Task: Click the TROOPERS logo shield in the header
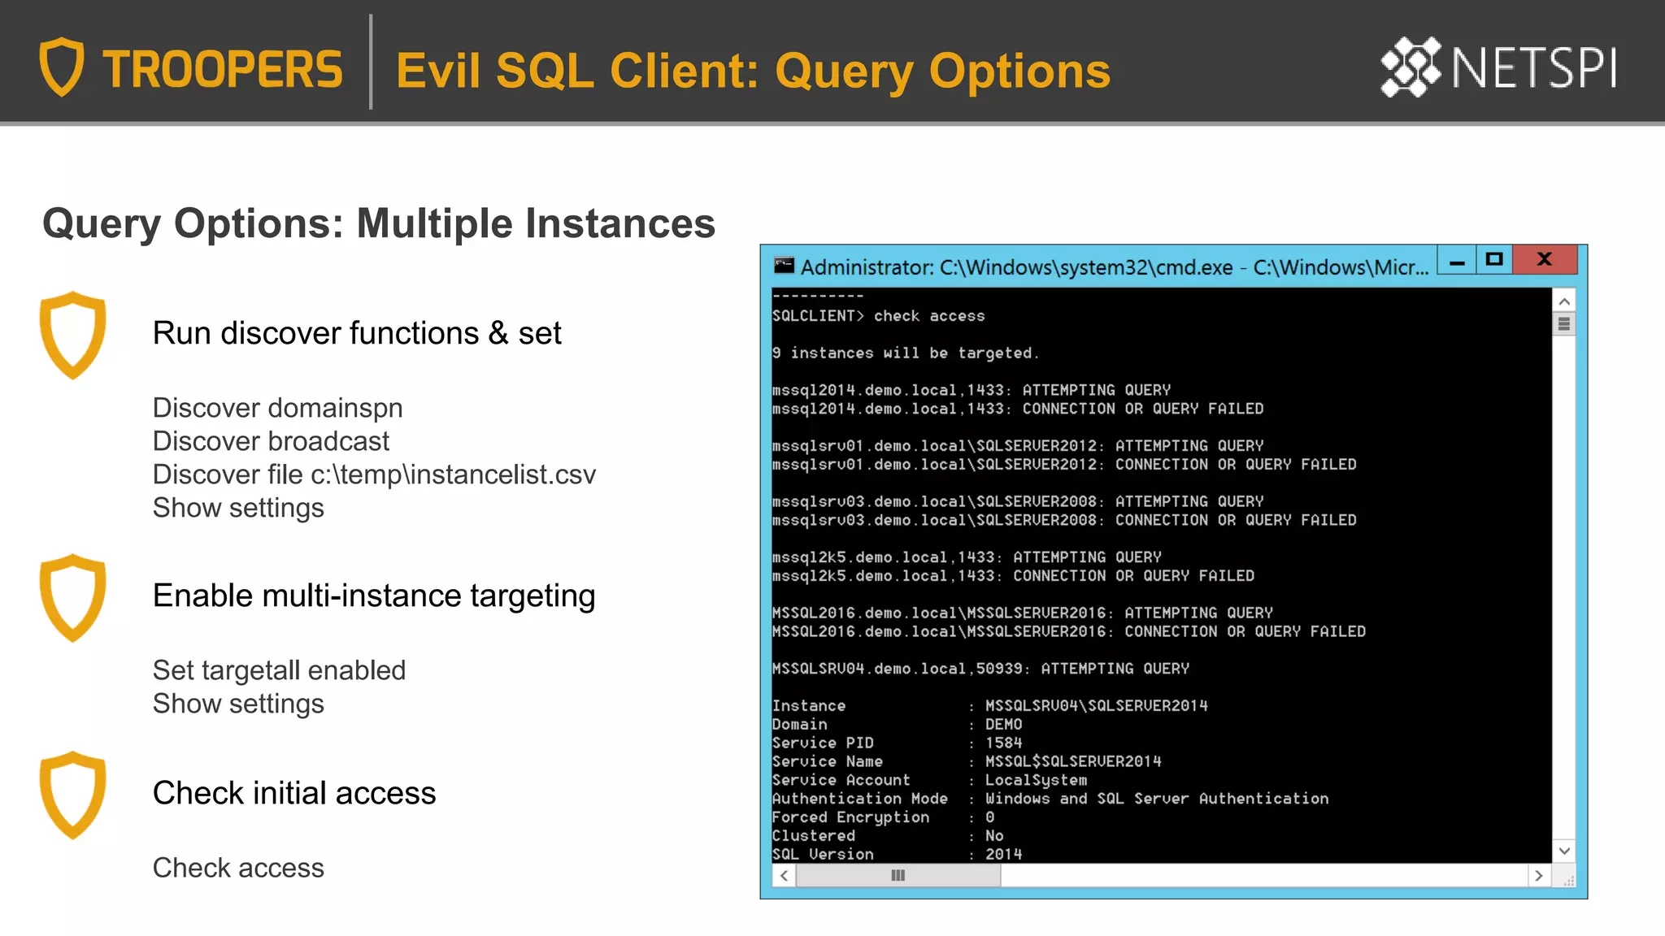click(x=62, y=67)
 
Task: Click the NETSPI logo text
click(x=1533, y=68)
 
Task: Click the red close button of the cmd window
click(x=1545, y=260)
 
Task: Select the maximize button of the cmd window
click(x=1494, y=260)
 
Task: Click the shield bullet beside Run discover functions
click(x=73, y=334)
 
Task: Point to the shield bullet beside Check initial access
click(x=73, y=794)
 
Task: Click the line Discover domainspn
click(x=277, y=408)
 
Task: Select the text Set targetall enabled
click(x=279, y=670)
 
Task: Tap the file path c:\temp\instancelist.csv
click(x=453, y=474)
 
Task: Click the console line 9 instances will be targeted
click(x=905, y=353)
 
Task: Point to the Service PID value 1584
click(x=1003, y=743)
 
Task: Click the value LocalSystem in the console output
click(x=1036, y=780)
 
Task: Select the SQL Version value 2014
click(x=1003, y=854)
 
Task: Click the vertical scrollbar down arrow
click(x=1564, y=851)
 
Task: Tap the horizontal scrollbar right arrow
click(x=1538, y=876)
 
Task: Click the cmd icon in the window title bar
click(x=784, y=266)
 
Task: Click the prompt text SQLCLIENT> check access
click(x=878, y=316)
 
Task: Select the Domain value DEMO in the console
click(x=1003, y=724)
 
